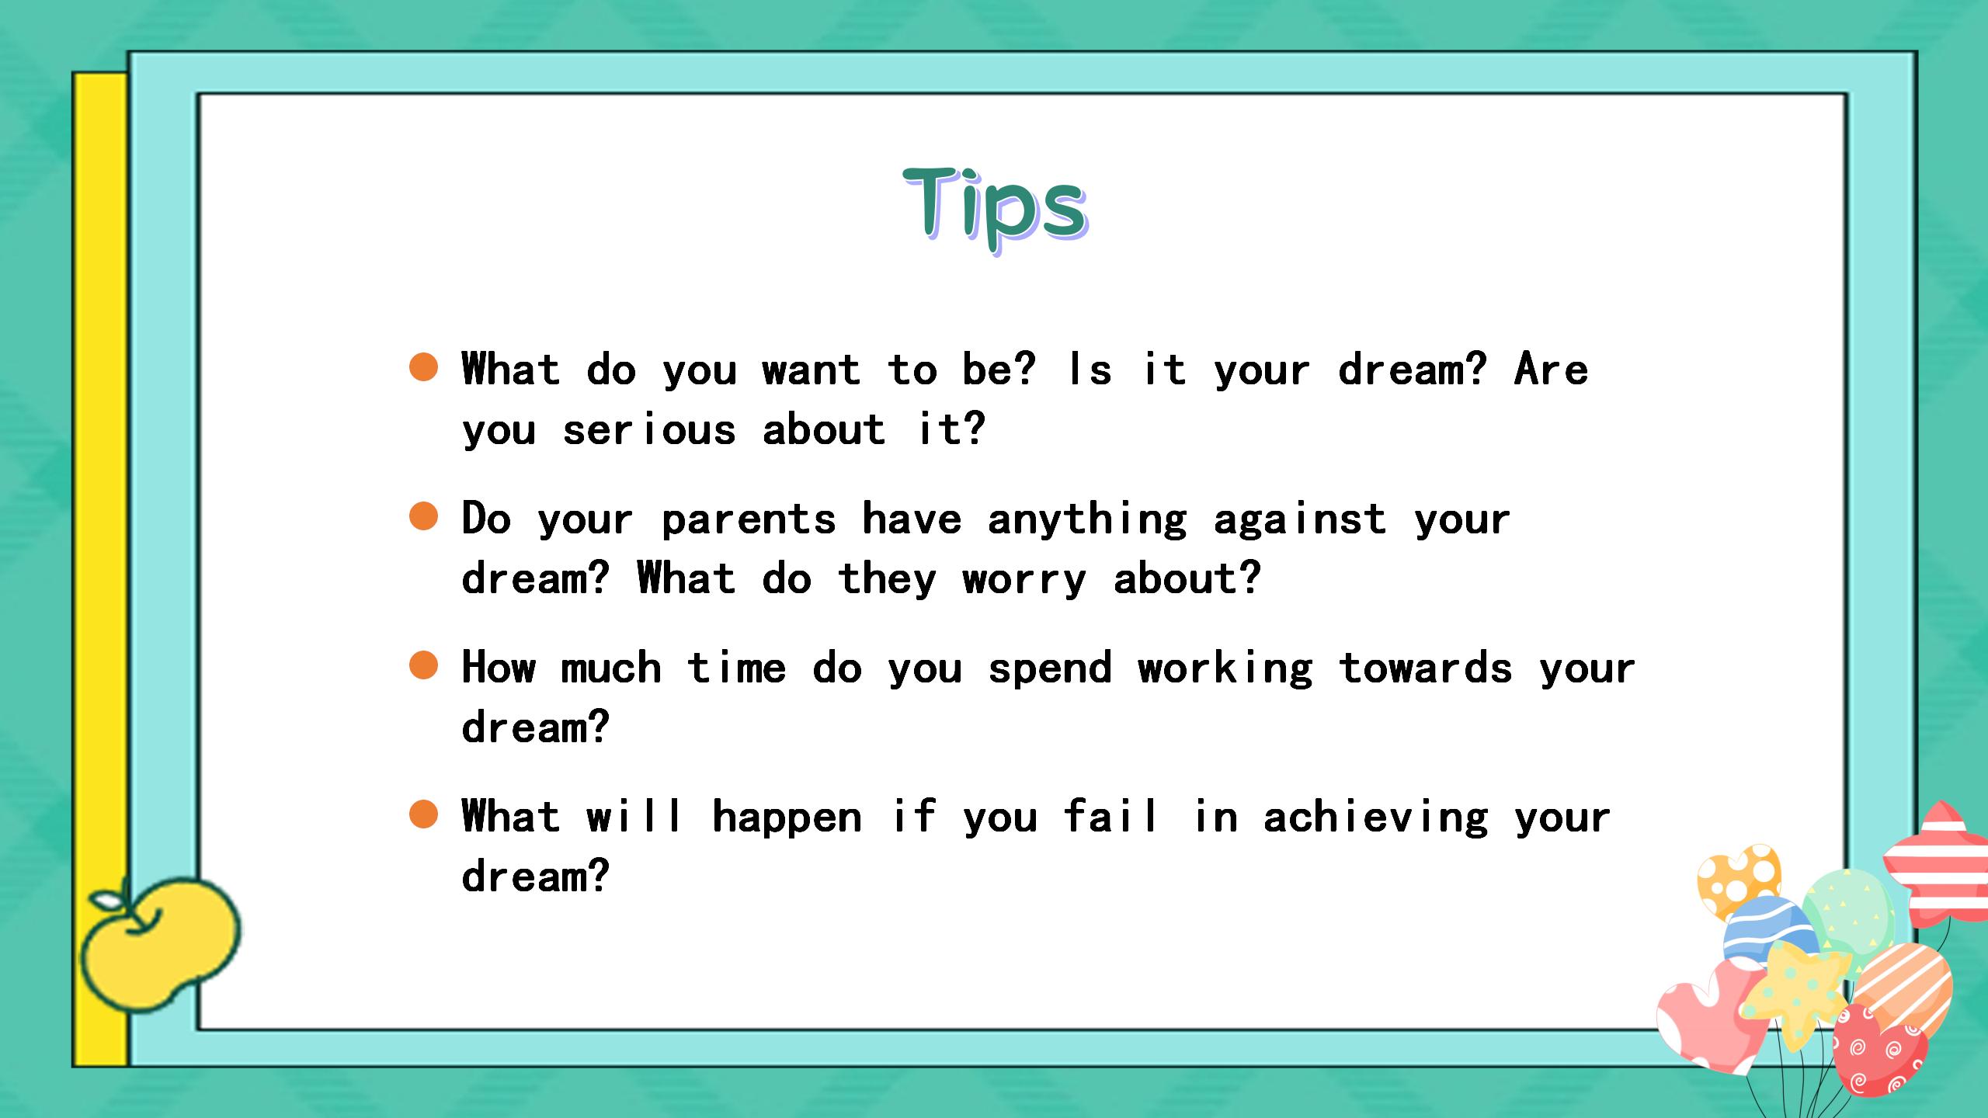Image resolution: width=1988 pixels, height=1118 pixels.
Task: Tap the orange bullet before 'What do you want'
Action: [x=423, y=366]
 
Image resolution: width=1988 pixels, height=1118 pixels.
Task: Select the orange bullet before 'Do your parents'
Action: [x=423, y=516]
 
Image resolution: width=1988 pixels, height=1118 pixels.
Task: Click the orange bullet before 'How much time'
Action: [x=423, y=665]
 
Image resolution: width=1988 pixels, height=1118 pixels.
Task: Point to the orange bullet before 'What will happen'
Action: [x=423, y=814]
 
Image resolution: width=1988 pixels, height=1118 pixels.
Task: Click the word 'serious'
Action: [x=648, y=429]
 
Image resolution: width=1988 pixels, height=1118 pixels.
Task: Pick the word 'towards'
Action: [x=1425, y=667]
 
